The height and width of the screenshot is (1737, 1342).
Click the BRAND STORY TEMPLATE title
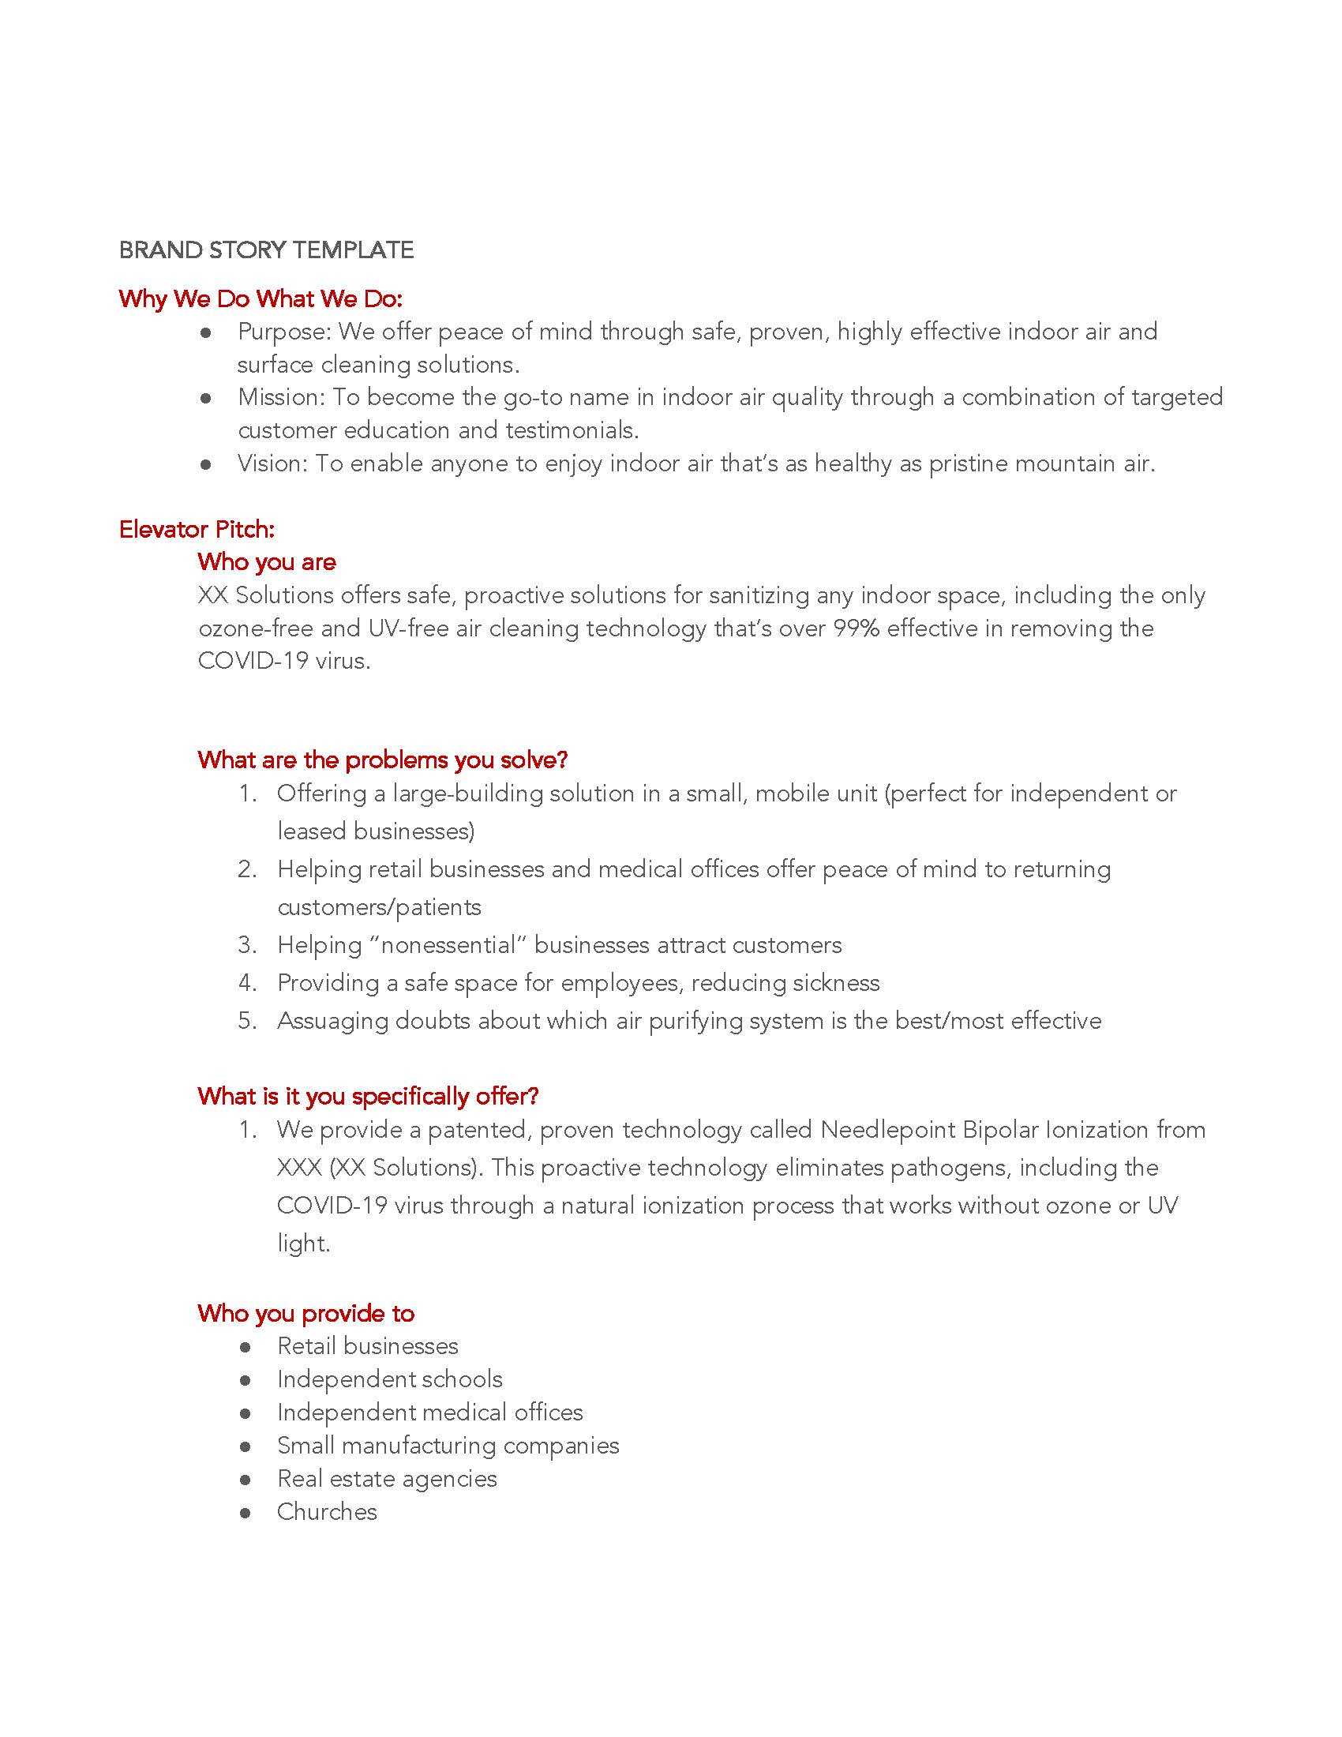point(265,250)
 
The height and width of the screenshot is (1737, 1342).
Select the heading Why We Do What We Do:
point(260,299)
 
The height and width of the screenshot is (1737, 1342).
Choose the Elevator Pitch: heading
point(197,529)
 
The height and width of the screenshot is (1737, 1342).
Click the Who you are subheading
point(266,562)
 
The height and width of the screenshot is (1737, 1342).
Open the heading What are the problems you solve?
point(382,760)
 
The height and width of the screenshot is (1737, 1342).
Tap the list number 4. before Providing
point(247,983)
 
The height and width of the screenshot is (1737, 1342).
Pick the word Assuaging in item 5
point(332,1021)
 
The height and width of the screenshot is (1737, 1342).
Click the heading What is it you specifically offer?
point(368,1097)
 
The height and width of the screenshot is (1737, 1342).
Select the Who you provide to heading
point(306,1313)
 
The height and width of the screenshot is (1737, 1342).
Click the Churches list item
point(327,1512)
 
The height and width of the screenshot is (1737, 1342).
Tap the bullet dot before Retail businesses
point(246,1346)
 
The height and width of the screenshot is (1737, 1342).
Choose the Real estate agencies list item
point(386,1479)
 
